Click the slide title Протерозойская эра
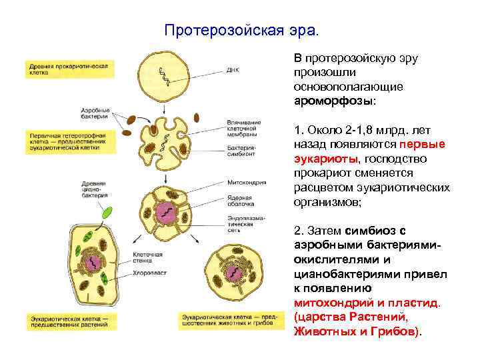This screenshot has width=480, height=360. pos(242,31)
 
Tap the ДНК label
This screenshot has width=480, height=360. pos(233,69)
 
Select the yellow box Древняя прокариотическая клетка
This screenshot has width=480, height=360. pos(69,69)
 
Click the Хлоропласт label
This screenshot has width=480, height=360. pos(145,273)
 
